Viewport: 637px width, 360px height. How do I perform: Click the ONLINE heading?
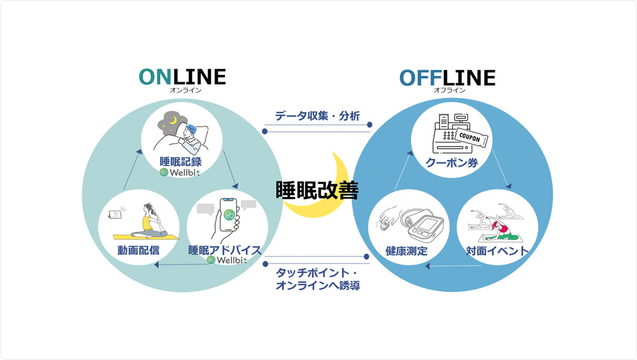tap(182, 77)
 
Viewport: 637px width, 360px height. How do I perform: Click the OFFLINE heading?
tap(447, 78)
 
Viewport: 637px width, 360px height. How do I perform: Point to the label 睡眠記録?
tap(181, 161)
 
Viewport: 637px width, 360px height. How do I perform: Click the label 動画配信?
tap(139, 250)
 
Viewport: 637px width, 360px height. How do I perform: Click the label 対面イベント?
tap(497, 251)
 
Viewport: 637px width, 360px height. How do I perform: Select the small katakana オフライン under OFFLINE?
tap(449, 90)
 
